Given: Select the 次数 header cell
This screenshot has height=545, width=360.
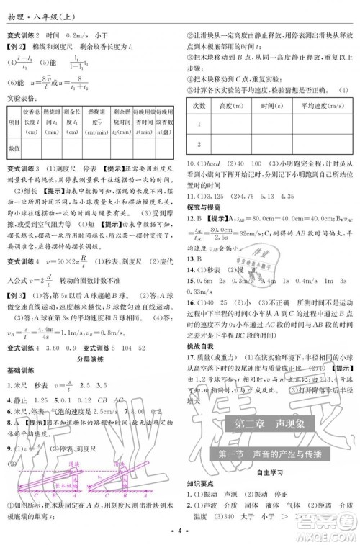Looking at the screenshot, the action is click(198, 105).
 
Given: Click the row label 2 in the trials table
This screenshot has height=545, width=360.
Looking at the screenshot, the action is click(198, 145).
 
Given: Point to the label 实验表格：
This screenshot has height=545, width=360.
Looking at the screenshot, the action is click(22, 95).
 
